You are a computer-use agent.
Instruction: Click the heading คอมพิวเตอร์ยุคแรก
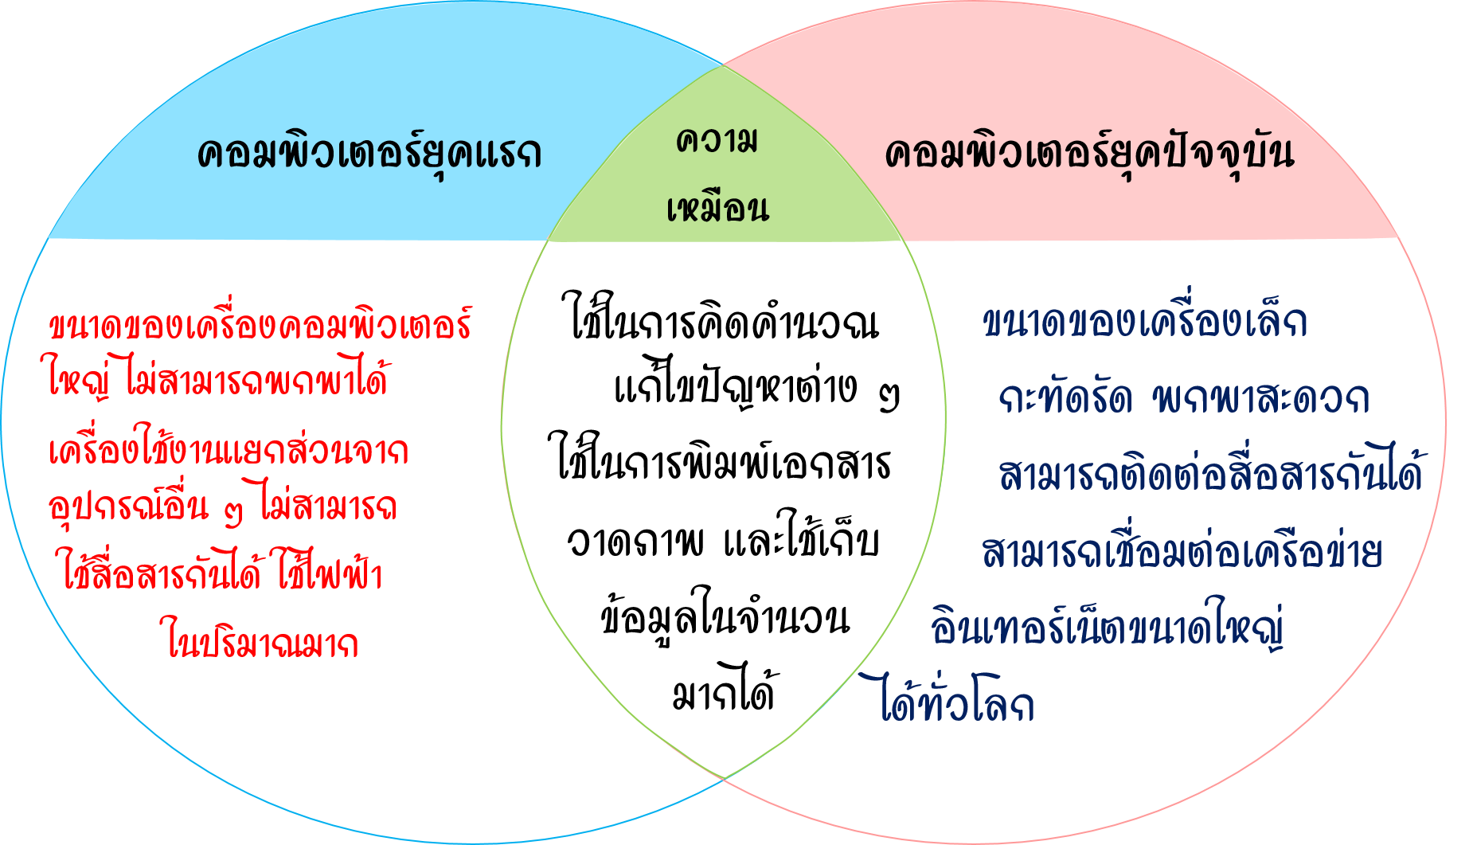click(369, 153)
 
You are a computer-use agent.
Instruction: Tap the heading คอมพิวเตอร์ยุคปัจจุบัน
click(1089, 153)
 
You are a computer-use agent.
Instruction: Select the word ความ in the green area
click(717, 141)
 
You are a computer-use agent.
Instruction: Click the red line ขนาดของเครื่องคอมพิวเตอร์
click(260, 326)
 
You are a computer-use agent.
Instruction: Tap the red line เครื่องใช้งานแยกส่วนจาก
click(229, 450)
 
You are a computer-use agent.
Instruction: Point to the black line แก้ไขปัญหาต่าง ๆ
click(756, 390)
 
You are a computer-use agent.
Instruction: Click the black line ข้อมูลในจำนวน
click(725, 617)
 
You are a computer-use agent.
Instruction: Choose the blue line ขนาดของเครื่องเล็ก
click(1144, 323)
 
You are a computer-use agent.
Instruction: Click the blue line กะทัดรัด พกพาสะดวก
click(1184, 398)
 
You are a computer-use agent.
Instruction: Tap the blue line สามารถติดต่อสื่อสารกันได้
click(1210, 475)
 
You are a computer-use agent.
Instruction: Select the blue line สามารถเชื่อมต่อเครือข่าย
click(1182, 552)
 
